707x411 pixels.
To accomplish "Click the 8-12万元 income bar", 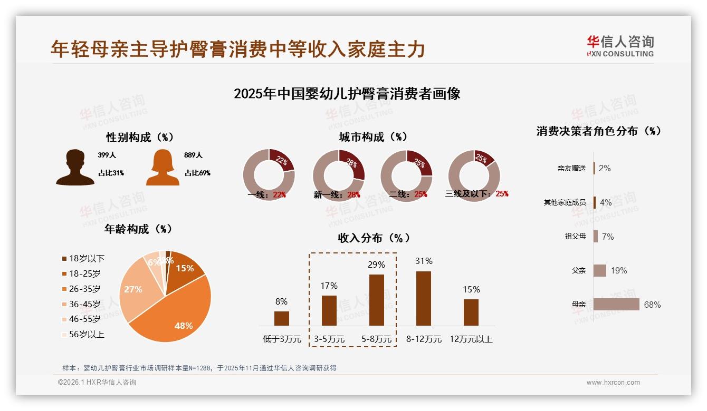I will pyautogui.click(x=424, y=298).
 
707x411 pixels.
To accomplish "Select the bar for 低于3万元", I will pyautogui.click(x=282, y=318).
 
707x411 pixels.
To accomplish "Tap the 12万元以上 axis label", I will pyautogui.click(x=471, y=339).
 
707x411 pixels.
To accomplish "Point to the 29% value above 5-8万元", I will pyautogui.click(x=376, y=265).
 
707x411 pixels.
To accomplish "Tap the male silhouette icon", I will pyautogui.click(x=75, y=167).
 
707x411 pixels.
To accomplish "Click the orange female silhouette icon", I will pyautogui.click(x=163, y=167).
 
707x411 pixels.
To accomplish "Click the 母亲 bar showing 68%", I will pyautogui.click(x=616, y=305).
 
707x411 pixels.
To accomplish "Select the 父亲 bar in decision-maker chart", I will pyautogui.click(x=600, y=270).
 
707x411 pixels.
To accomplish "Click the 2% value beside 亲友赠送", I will pyautogui.click(x=605, y=168).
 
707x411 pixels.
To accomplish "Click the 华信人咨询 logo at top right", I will pyautogui.click(x=620, y=46).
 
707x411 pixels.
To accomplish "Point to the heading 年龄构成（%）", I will pyautogui.click(x=139, y=229).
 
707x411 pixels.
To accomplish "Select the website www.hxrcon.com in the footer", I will pyautogui.click(x=613, y=383).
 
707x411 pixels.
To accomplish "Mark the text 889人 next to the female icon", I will pyautogui.click(x=194, y=155).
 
